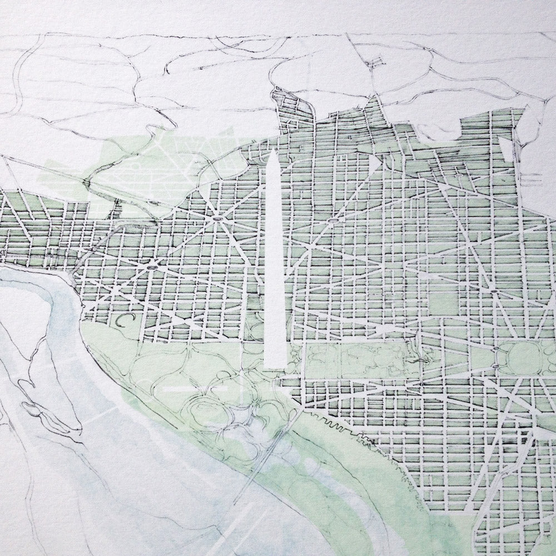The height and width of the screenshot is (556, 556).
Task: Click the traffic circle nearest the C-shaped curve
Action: [x=151, y=268]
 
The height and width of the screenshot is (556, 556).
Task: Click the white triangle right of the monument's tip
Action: [x=371, y=161]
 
